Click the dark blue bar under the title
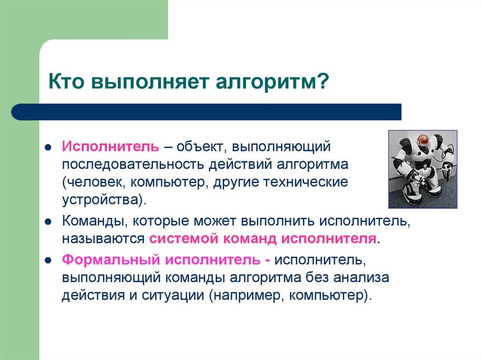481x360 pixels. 207,112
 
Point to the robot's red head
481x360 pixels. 423,139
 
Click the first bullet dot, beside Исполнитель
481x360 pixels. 48,147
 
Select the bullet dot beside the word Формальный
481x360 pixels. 48,260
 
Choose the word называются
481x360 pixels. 103,238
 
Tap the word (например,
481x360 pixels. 248,296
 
